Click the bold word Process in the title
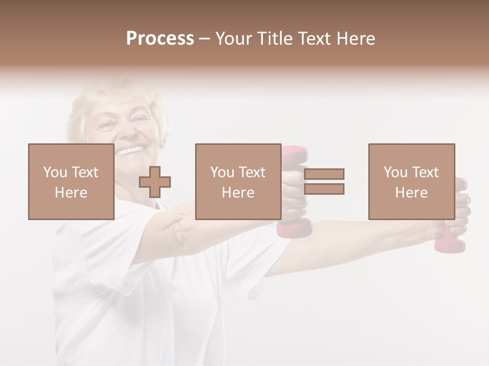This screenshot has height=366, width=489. (x=160, y=38)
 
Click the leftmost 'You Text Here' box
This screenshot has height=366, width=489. (x=71, y=181)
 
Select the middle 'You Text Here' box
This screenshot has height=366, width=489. (x=238, y=181)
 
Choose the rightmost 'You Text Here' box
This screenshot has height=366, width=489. (x=411, y=181)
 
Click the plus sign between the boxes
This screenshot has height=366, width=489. (x=155, y=182)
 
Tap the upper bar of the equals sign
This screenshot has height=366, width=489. (x=324, y=174)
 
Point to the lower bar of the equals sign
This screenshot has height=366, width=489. (x=324, y=189)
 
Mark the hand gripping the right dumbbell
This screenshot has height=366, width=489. (x=458, y=213)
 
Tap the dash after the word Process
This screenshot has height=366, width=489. (x=204, y=39)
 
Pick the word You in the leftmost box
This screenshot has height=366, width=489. (x=55, y=172)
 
